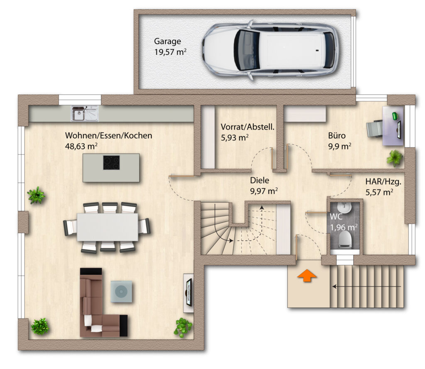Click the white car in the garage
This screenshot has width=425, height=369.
pyautogui.click(x=271, y=50)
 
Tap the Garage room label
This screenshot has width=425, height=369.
pyautogui.click(x=168, y=41)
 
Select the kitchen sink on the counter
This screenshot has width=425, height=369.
pyautogui.click(x=85, y=113)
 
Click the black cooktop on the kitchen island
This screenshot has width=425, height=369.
pyautogui.click(x=111, y=163)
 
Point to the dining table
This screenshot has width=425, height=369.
pyautogui.click(x=107, y=227)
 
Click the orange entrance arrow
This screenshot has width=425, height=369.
pyautogui.click(x=307, y=276)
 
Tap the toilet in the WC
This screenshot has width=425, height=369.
pyautogui.click(x=345, y=239)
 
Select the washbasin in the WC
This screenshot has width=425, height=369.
pyautogui.click(x=345, y=208)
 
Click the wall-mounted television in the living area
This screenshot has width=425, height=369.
pyautogui.click(x=189, y=292)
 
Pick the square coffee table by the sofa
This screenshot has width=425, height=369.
pyautogui.click(x=122, y=291)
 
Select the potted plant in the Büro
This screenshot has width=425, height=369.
pyautogui.click(x=394, y=158)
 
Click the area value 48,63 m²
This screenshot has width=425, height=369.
pyautogui.click(x=81, y=146)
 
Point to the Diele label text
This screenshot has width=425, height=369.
pyautogui.click(x=259, y=180)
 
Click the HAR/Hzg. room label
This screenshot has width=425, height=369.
pyautogui.click(x=383, y=182)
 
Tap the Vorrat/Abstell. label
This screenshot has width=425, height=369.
pyautogui.click(x=247, y=127)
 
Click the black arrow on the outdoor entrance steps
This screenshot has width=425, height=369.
pyautogui.click(x=367, y=286)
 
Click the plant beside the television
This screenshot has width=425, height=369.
pyautogui.click(x=183, y=327)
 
